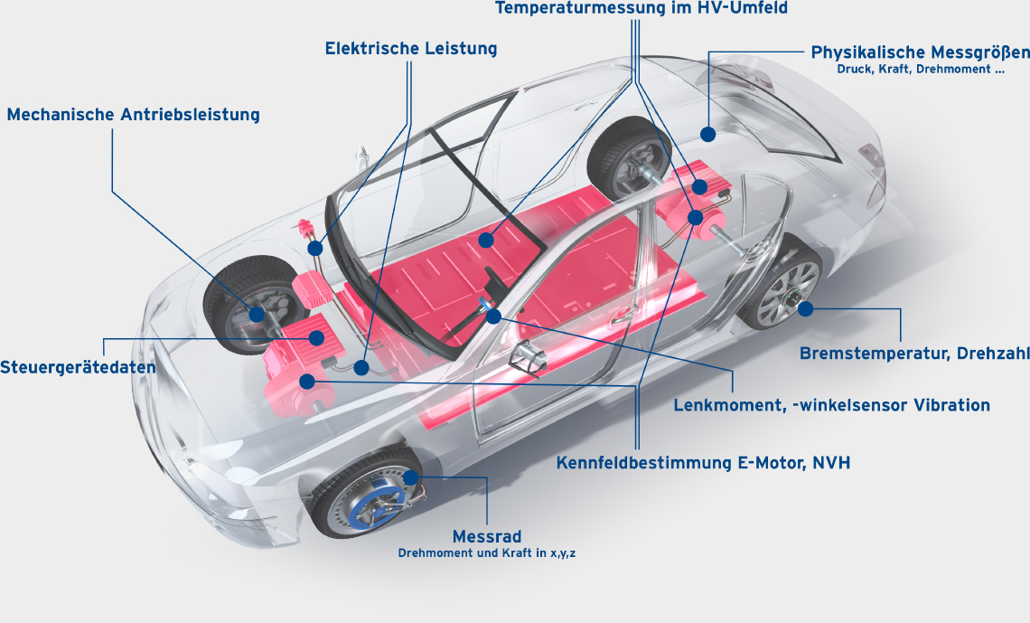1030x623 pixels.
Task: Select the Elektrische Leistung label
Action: coord(411,49)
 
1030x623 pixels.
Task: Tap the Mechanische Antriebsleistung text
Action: coord(133,115)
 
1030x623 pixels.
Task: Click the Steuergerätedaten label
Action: coord(78,368)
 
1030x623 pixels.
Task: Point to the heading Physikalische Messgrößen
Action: coord(920,52)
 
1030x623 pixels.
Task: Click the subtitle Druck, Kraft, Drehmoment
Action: coord(920,70)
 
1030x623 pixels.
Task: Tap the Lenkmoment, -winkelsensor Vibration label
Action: coord(831,405)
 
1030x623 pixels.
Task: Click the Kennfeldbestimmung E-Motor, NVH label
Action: coord(703,463)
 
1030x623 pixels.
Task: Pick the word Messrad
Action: coord(487,536)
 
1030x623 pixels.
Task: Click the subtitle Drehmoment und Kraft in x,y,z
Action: coord(487,552)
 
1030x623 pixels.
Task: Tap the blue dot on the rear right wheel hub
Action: coord(804,308)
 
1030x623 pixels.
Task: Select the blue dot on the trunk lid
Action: coord(707,134)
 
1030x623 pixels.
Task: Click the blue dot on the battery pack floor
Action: coord(486,241)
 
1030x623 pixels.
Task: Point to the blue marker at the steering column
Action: coord(493,316)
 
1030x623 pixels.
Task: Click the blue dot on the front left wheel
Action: coord(257,314)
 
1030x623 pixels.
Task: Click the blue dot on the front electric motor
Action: coord(307,382)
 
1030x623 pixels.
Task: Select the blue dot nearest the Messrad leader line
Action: coord(411,477)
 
